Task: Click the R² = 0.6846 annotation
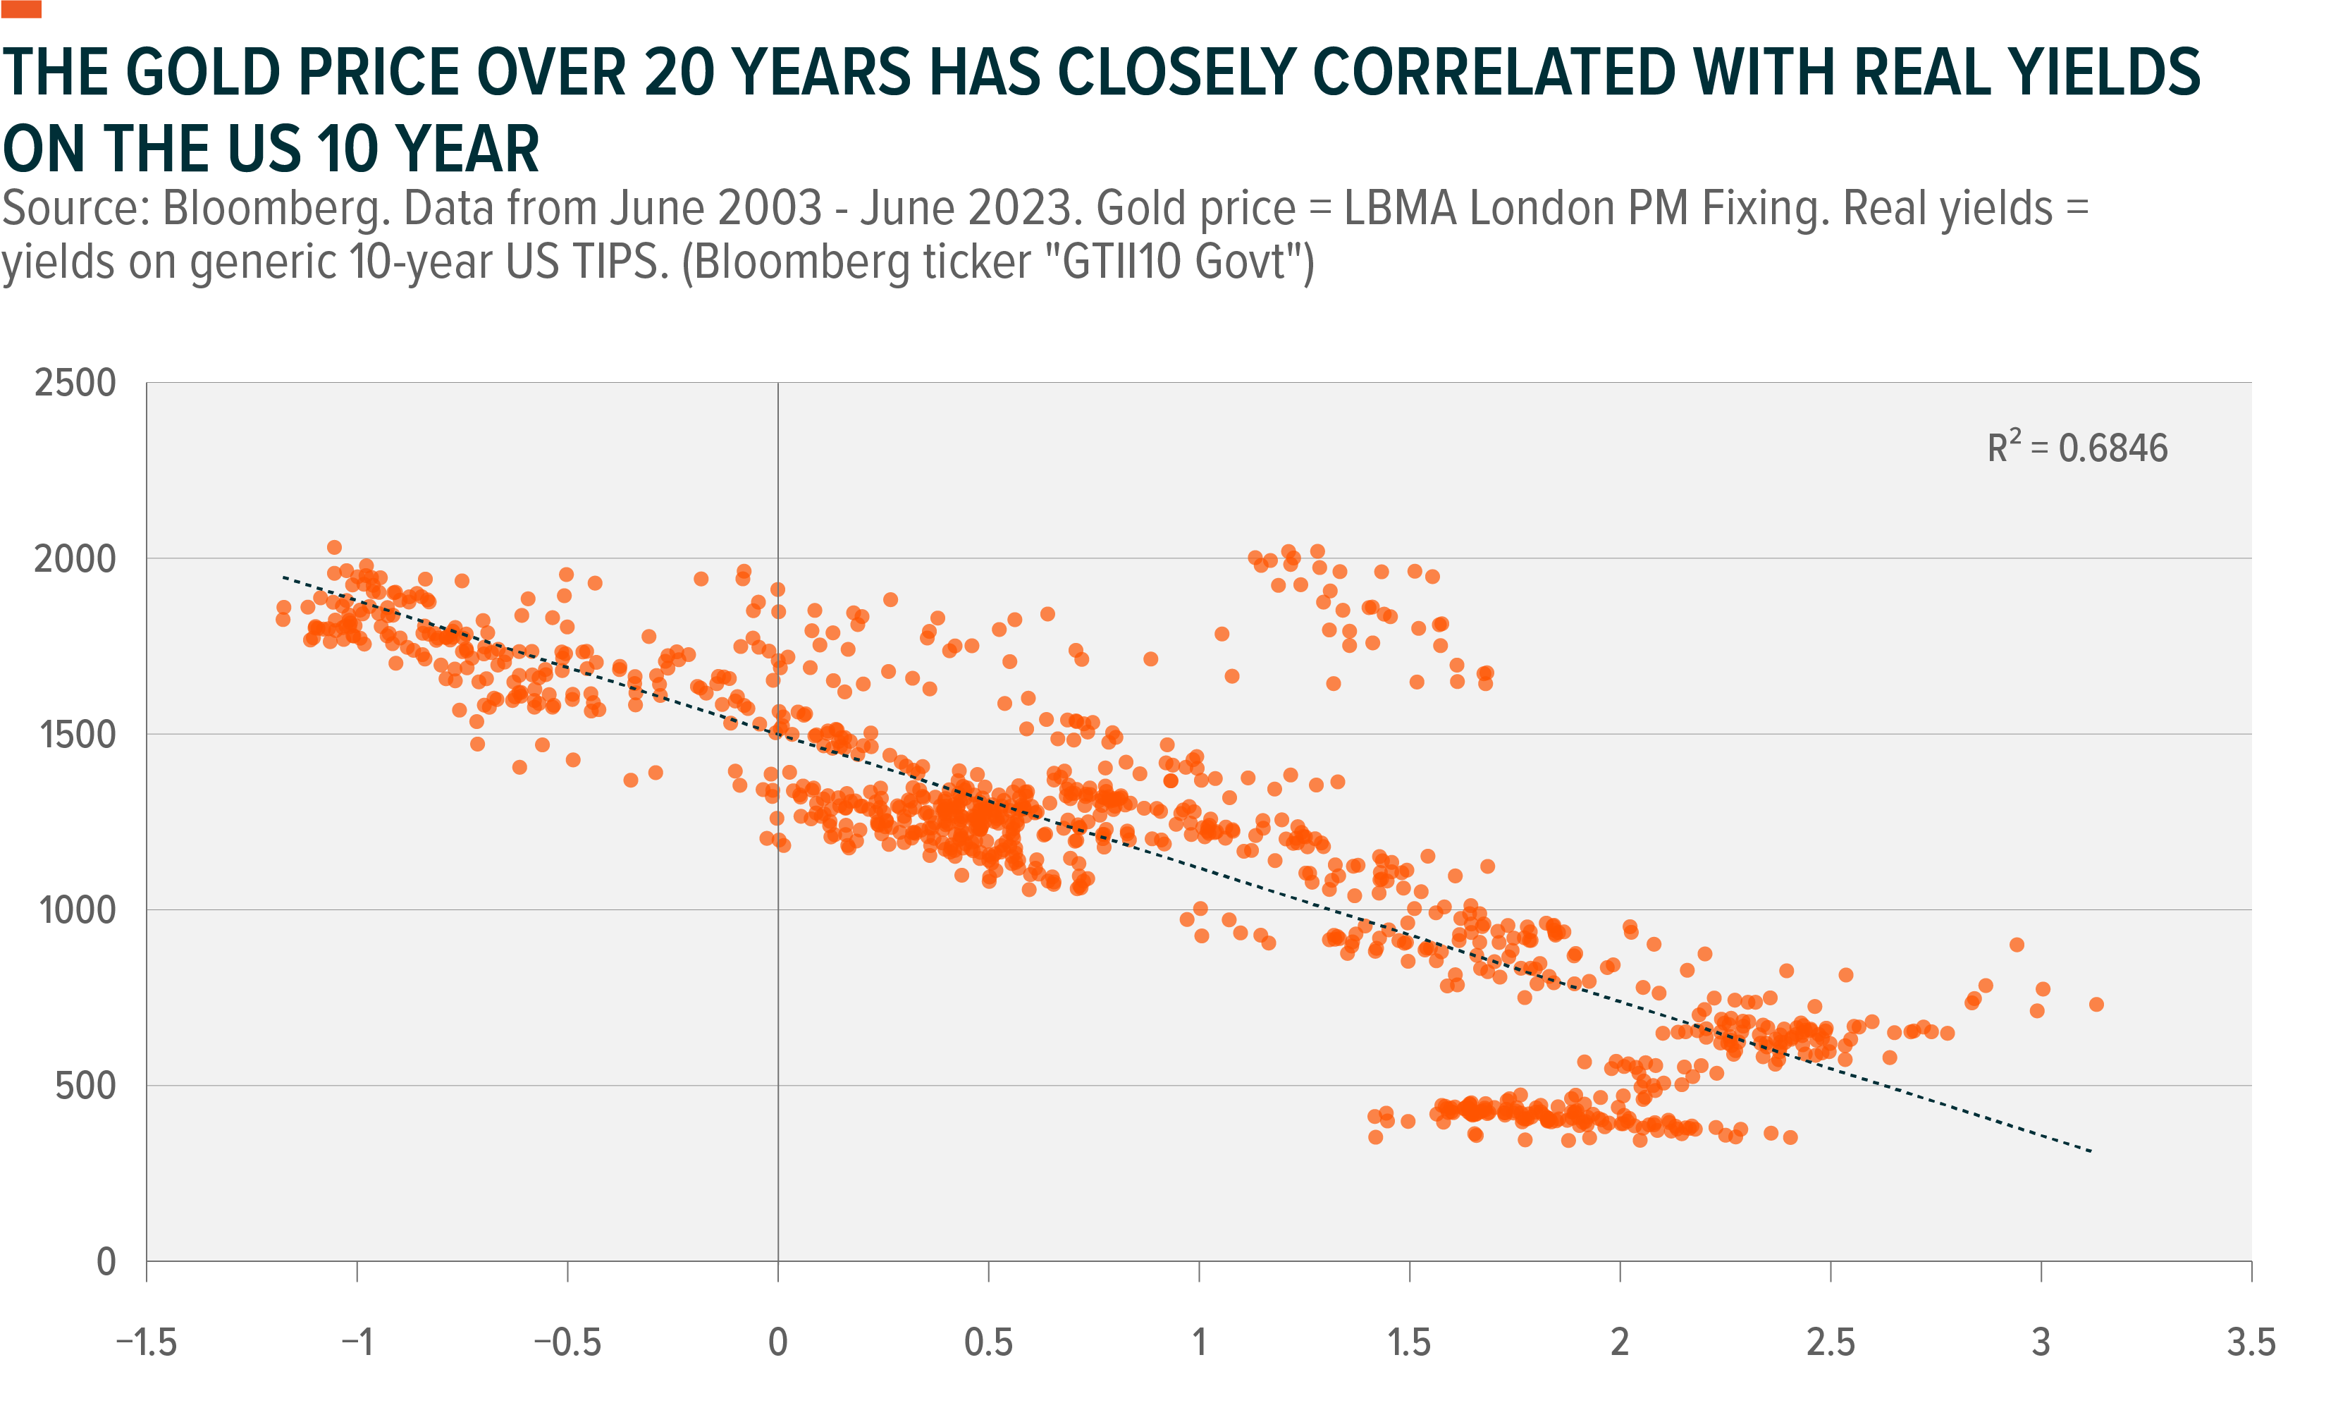pos(2077,448)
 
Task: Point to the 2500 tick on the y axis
pos(75,383)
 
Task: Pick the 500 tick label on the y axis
pos(85,1086)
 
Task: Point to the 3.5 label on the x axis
pos(2251,1342)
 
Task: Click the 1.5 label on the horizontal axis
pos(1409,1342)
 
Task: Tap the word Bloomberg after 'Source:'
pos(276,208)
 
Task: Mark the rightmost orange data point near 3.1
pos(2096,1005)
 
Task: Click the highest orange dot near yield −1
pos(334,547)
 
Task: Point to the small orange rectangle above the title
pos(21,8)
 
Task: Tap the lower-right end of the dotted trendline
pos(2091,1151)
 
